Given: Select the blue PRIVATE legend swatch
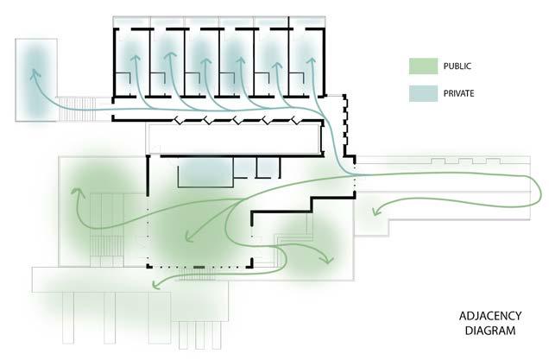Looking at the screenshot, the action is point(424,91).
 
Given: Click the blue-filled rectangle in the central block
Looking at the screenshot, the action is point(205,173).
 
